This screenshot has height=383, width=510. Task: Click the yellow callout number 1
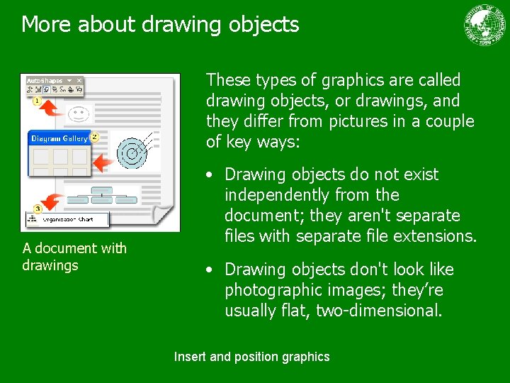point(35,101)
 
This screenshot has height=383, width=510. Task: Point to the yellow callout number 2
point(94,136)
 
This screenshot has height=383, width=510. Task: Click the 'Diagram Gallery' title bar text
point(59,139)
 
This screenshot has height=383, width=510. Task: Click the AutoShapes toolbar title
point(45,81)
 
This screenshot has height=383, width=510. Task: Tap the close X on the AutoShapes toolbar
point(80,81)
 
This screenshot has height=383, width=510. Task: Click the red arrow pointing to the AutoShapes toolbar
point(53,108)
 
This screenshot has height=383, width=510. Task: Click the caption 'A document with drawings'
point(74,257)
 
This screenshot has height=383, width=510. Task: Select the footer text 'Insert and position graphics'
point(251,357)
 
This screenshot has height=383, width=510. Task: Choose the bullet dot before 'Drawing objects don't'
point(210,270)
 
